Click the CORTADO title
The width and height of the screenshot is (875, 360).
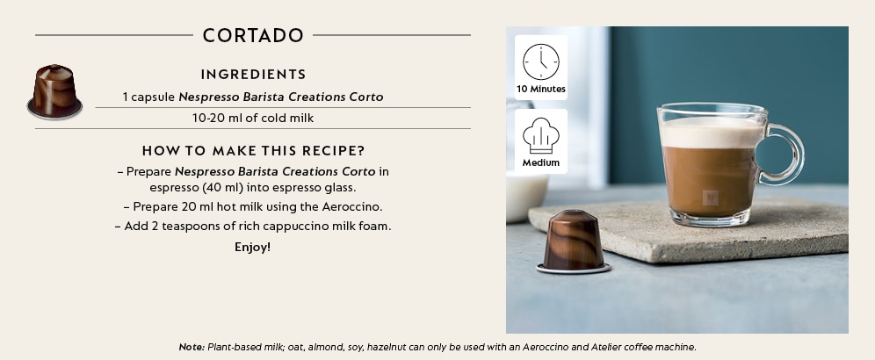coord(253,35)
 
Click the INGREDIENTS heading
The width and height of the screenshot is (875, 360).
coord(253,75)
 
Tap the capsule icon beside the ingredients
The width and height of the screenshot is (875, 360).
coord(54,91)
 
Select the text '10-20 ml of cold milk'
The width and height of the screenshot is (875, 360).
coord(253,119)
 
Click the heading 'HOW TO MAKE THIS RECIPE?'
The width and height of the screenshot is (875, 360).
coord(253,151)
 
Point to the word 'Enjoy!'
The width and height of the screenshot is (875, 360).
coord(253,248)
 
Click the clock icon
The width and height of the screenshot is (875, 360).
coord(541,62)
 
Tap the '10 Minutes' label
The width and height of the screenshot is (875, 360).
coord(541,90)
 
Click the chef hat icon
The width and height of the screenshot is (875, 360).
coord(541,135)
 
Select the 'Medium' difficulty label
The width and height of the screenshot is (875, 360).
coord(541,163)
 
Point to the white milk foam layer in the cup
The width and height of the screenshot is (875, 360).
coord(711,133)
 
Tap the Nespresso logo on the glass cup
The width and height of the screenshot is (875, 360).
coord(711,198)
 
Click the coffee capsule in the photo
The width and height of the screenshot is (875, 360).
coord(574,241)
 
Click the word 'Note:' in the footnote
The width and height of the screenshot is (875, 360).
coord(192,347)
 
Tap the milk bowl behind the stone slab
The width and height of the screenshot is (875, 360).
coord(526,197)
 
